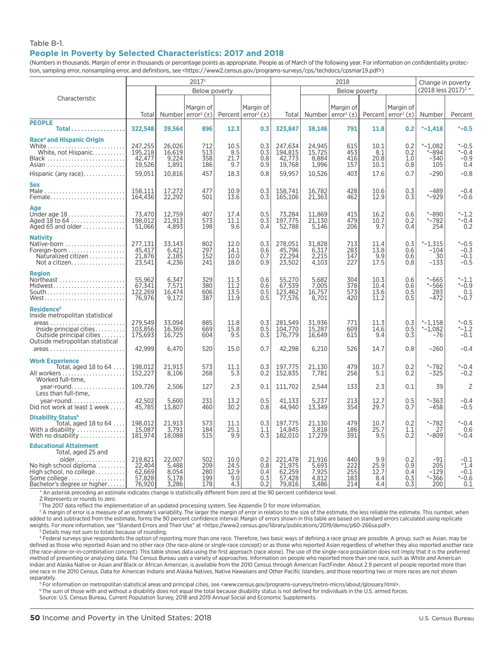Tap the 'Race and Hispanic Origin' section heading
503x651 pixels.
click(65, 139)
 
